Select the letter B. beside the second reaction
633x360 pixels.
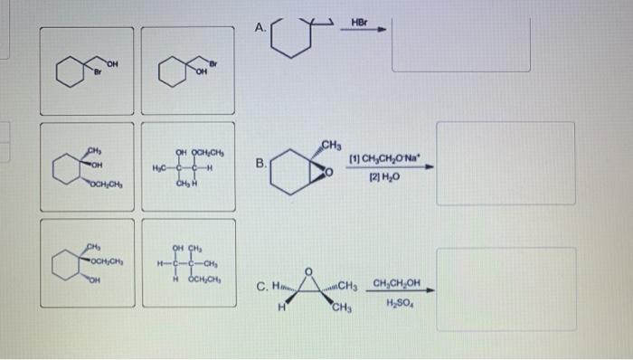(x=260, y=165)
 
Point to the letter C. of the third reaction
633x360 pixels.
(x=262, y=289)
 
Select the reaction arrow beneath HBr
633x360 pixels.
(x=364, y=31)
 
